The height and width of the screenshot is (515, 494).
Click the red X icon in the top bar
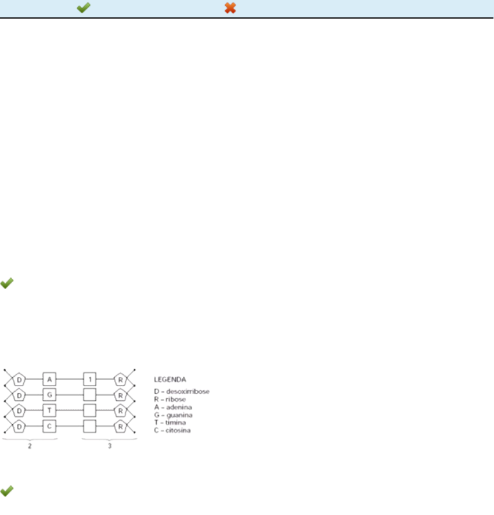tap(230, 9)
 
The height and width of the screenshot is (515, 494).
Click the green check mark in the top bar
tap(84, 9)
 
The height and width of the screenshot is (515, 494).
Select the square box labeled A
tap(49, 379)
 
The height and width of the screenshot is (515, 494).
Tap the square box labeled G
tap(49, 395)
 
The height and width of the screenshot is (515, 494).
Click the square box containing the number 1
tap(90, 379)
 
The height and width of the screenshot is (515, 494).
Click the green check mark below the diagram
tap(8, 491)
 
